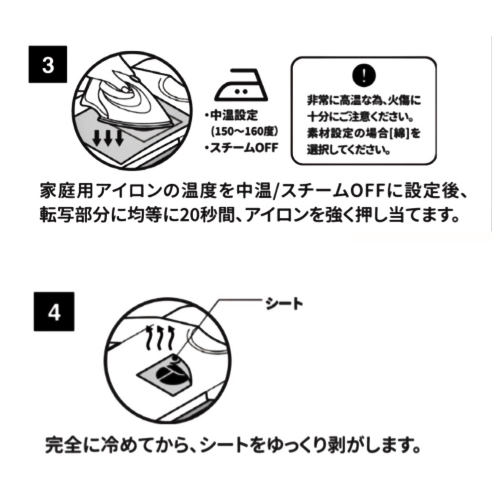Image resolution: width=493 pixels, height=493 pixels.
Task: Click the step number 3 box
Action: tap(48, 64)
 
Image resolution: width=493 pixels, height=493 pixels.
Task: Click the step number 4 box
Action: tap(54, 312)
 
